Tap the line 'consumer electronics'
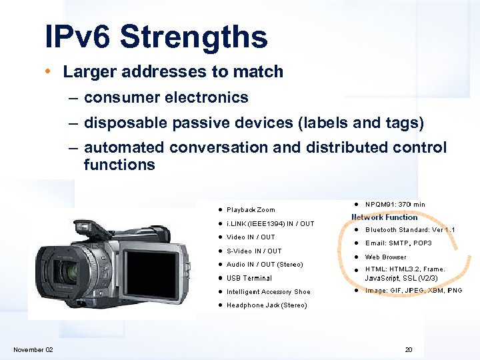pyautogui.click(x=166, y=97)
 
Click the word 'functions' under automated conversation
pyautogui.click(x=119, y=164)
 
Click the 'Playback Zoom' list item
pyautogui.click(x=250, y=209)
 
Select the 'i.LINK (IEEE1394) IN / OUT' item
pyautogui.click(x=270, y=223)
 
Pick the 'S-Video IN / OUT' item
pyautogui.click(x=254, y=251)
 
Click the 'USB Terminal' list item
pyautogui.click(x=249, y=278)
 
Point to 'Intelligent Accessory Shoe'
pyautogui.click(x=268, y=292)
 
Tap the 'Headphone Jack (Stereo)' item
pyautogui.click(x=267, y=305)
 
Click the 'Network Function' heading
pyautogui.click(x=385, y=217)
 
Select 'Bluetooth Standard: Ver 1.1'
pyautogui.click(x=410, y=230)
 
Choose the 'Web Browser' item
pyautogui.click(x=385, y=257)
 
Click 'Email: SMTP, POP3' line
pyautogui.click(x=398, y=243)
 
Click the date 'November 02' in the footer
pyautogui.click(x=33, y=350)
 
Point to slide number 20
pyautogui.click(x=409, y=350)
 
